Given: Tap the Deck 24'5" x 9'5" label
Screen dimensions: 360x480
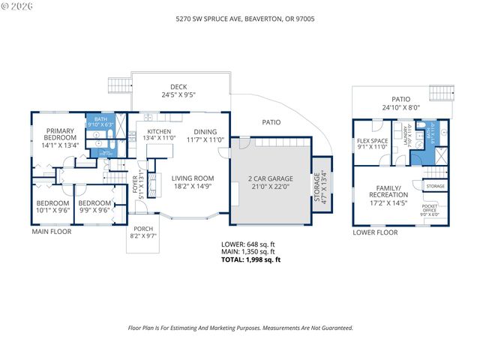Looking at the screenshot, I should [x=180, y=91].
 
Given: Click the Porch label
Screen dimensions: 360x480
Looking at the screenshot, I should [x=143, y=232].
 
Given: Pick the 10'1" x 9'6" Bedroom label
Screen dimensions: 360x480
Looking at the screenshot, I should [x=52, y=207].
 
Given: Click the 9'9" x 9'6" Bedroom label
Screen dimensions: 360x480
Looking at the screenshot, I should [x=94, y=207].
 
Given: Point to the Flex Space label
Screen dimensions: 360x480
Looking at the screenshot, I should [x=372, y=143].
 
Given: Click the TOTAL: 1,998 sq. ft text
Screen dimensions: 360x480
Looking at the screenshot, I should [x=250, y=260].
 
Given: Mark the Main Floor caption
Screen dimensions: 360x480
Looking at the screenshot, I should [x=51, y=232].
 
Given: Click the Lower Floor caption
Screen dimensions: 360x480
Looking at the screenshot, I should [x=375, y=233].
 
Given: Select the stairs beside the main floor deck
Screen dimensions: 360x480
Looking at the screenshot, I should [x=118, y=84].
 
